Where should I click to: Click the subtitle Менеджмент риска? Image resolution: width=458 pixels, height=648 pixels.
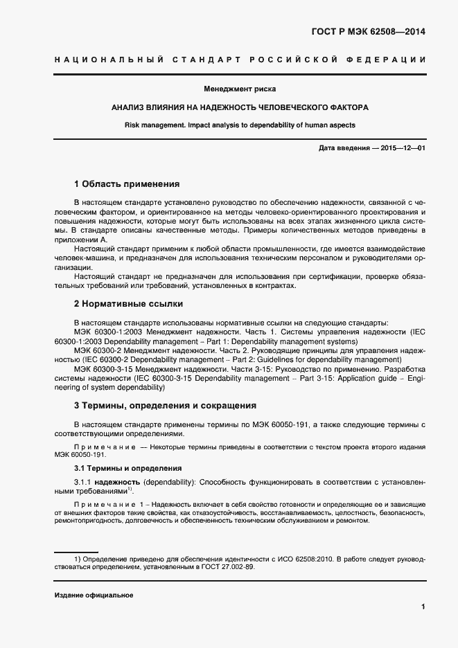click(x=239, y=89)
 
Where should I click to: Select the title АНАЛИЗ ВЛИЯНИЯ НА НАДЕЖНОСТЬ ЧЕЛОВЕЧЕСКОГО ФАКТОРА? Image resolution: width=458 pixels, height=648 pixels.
click(x=240, y=108)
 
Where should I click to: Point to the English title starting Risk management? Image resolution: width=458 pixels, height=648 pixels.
click(x=240, y=125)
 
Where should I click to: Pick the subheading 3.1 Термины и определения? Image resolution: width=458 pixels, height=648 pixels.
click(x=127, y=468)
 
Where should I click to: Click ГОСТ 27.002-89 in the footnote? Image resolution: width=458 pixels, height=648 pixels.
click(x=225, y=566)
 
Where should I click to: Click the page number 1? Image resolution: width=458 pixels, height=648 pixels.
click(x=423, y=607)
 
